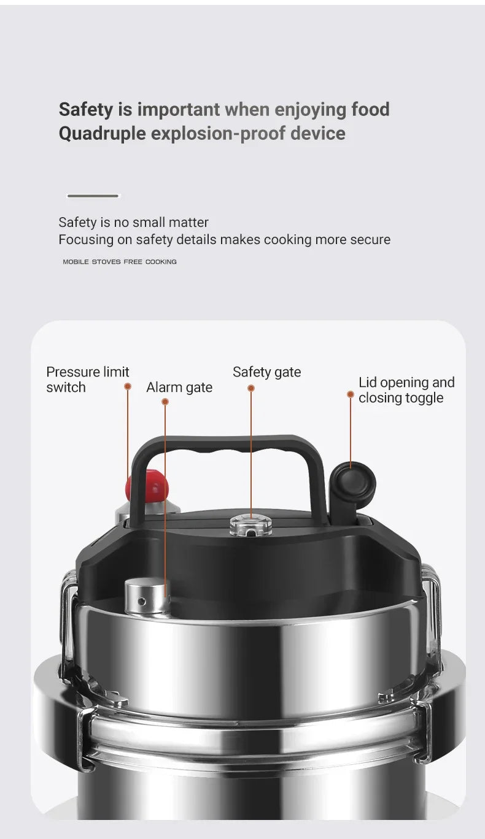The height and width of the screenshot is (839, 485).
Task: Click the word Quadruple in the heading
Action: tap(102, 133)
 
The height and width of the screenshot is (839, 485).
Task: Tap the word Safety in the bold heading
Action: tap(86, 110)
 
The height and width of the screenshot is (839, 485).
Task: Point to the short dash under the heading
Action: tap(93, 196)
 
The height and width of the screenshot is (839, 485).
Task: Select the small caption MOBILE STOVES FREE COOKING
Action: tap(120, 262)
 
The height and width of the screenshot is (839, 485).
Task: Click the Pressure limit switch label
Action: tap(87, 380)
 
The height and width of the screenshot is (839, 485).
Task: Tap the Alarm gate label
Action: tap(179, 388)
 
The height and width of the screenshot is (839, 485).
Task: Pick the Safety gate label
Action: tap(266, 372)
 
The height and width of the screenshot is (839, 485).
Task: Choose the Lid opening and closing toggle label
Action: tap(406, 390)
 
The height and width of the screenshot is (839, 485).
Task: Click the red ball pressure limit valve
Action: tap(147, 486)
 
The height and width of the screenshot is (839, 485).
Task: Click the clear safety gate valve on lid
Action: tap(250, 525)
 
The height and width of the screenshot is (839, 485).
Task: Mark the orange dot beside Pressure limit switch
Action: tap(128, 386)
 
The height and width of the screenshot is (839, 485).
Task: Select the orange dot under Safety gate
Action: tap(251, 388)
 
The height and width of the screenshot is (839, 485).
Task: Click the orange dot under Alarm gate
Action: tap(165, 402)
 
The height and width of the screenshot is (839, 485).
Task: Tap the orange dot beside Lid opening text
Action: tap(351, 394)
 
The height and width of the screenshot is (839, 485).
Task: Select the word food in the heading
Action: tap(370, 110)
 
